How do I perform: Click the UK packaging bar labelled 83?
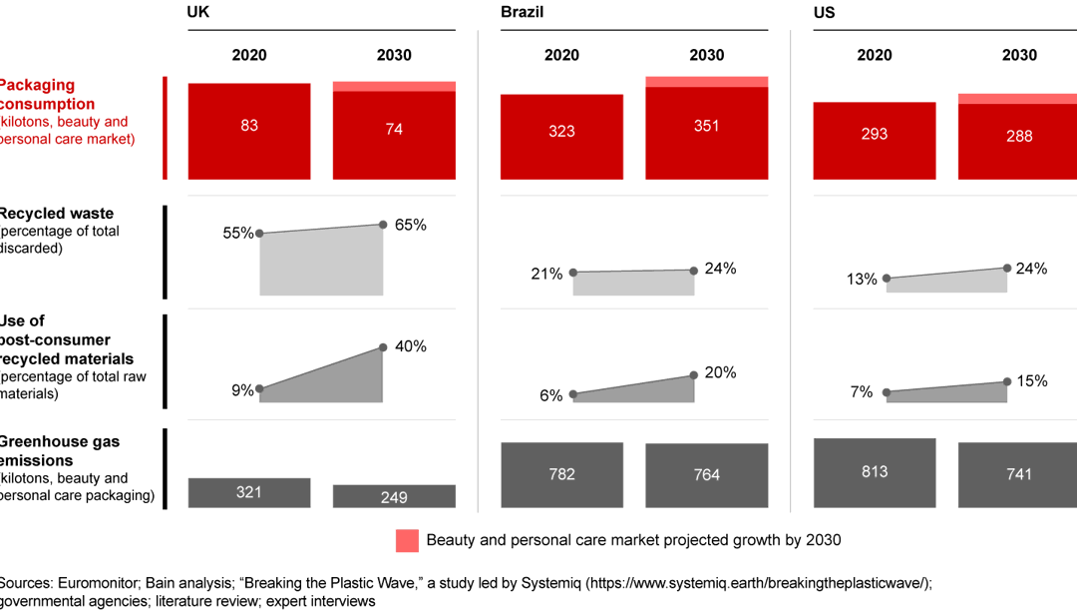pos(249,131)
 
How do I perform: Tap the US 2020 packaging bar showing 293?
pos(875,141)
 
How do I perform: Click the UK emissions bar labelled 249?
pos(394,496)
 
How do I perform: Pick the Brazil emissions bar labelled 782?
pos(561,474)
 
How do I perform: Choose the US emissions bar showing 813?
pos(875,472)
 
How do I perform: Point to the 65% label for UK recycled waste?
pos(411,225)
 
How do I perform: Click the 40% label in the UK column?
pos(411,346)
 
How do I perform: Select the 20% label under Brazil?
pos(721,372)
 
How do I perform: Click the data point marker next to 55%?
pos(259,234)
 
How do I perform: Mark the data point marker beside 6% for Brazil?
pos(572,395)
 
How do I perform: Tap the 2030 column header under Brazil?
pos(706,55)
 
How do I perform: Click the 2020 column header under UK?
pos(249,55)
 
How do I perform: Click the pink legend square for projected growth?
pos(407,540)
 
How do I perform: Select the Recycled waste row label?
pos(56,213)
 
